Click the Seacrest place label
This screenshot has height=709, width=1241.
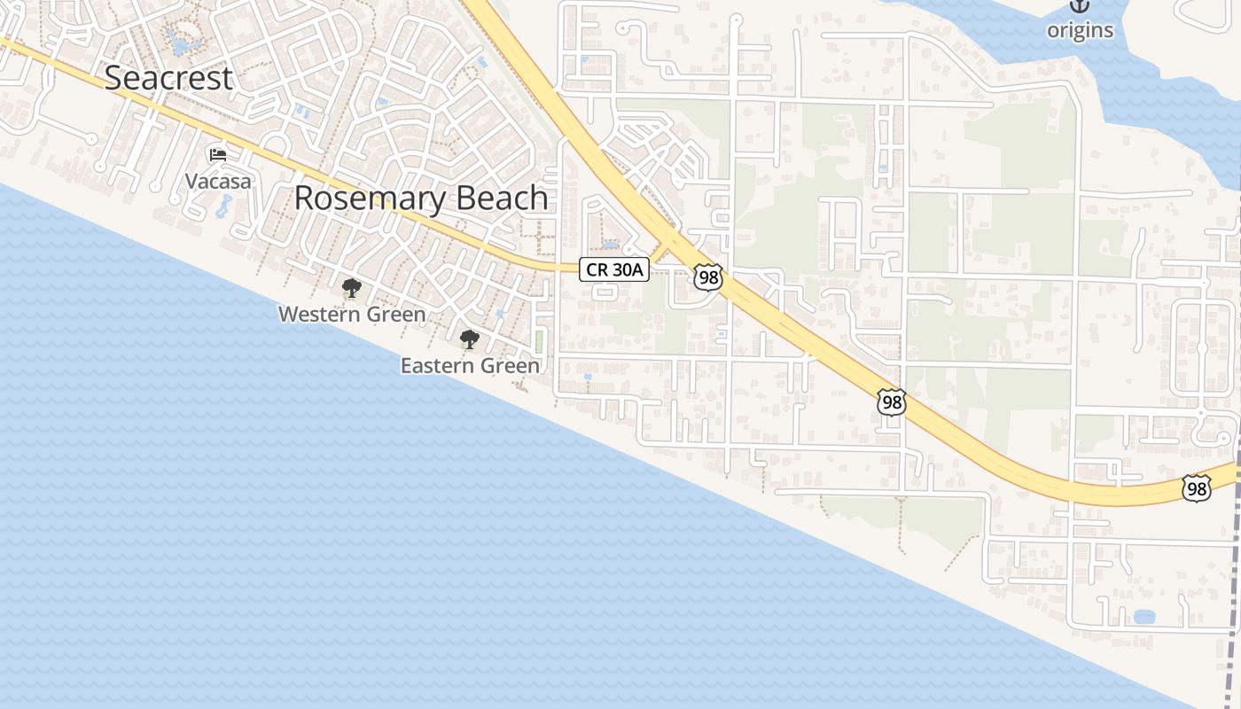(168, 78)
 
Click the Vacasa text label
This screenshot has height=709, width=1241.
(218, 182)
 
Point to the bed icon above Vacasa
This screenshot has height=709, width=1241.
(218, 155)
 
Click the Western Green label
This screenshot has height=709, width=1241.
(352, 315)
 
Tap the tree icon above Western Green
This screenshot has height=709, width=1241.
(352, 288)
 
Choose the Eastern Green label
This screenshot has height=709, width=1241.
(470, 365)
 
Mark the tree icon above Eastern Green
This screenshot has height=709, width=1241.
(470, 339)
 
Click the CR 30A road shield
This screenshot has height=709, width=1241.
(614, 269)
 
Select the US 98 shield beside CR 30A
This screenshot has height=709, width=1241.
(708, 277)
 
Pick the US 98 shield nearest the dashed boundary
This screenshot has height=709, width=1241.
(1196, 487)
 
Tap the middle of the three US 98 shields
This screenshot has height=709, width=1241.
(892, 402)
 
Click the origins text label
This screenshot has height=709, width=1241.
(1080, 30)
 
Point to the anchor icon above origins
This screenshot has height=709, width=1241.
(1080, 5)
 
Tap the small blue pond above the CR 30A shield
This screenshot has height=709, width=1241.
(610, 244)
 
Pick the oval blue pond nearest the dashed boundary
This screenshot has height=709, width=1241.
(1144, 616)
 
